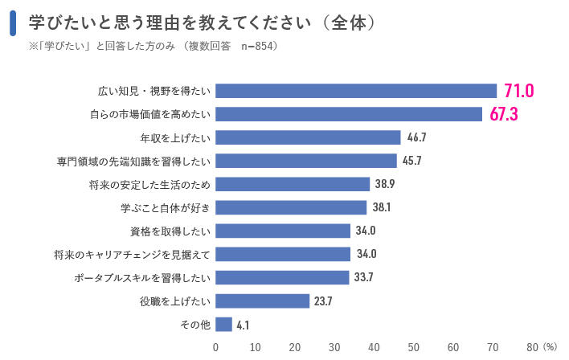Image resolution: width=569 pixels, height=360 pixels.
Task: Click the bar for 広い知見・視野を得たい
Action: click(x=356, y=91)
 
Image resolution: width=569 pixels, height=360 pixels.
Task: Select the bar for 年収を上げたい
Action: click(x=308, y=137)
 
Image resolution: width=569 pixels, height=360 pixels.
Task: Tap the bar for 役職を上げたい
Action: click(x=262, y=301)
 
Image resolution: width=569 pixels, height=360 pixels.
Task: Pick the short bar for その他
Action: click(x=223, y=325)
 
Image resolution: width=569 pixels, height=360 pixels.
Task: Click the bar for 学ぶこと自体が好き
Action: click(x=291, y=207)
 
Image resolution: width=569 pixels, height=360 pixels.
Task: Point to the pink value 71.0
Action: click(x=518, y=91)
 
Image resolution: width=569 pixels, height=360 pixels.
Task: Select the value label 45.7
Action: click(x=412, y=161)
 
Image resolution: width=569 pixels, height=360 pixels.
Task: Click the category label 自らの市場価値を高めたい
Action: click(x=149, y=114)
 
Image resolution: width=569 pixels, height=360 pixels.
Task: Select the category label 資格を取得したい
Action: click(x=170, y=231)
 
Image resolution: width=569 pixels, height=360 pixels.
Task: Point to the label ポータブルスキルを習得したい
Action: click(x=141, y=278)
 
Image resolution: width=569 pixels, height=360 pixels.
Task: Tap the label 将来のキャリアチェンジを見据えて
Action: click(x=132, y=255)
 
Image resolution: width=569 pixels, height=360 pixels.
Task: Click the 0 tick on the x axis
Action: click(x=215, y=347)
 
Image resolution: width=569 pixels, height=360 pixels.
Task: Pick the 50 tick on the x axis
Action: click(x=414, y=347)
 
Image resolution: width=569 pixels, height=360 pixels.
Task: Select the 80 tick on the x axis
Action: click(x=532, y=347)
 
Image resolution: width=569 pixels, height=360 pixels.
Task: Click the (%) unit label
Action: click(x=550, y=347)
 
